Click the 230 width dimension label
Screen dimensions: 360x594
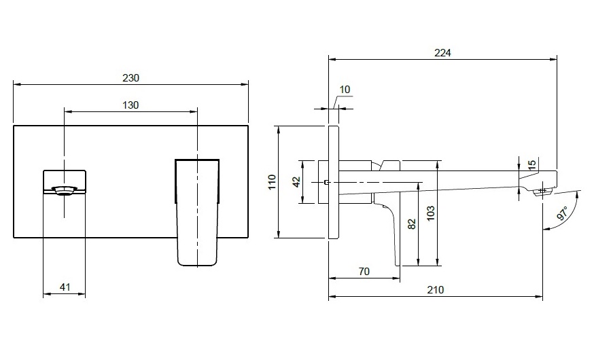(130, 77)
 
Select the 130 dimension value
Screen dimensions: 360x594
(130, 105)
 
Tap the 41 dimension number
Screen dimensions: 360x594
(65, 287)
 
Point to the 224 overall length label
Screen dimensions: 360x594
(443, 52)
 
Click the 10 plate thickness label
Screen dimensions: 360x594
(345, 90)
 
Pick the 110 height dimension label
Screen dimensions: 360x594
(272, 181)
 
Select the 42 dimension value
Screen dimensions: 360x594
(296, 181)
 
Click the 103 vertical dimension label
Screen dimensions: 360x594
(430, 215)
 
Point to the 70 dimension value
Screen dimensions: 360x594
(364, 271)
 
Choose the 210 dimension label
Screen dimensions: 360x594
(436, 289)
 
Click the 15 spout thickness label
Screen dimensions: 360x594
(532, 164)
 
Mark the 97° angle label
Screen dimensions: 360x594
(563, 214)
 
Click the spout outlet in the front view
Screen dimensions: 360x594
(65, 190)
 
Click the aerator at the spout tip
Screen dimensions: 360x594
(542, 192)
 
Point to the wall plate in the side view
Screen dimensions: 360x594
(333, 181)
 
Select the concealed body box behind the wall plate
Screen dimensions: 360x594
(324, 181)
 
